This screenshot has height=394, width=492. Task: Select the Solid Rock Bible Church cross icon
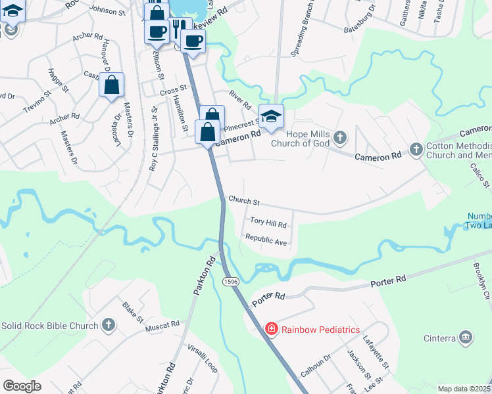click(109, 325)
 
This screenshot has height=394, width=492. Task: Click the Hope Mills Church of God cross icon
click(339, 137)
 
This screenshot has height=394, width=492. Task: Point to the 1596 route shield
click(230, 281)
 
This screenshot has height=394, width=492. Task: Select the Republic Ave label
click(266, 240)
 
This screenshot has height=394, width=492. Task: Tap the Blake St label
click(132, 312)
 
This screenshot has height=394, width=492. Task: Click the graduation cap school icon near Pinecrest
click(272, 116)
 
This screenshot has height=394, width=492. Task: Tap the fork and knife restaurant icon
click(177, 27)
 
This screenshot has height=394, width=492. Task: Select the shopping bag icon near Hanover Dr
click(112, 84)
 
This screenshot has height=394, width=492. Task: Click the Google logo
click(22, 386)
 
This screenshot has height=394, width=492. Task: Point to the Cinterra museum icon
click(466, 338)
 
